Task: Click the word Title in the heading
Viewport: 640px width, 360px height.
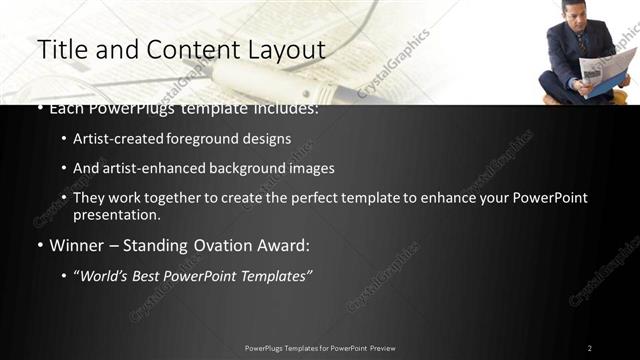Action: [x=61, y=49]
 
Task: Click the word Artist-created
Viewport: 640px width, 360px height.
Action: [x=113, y=139]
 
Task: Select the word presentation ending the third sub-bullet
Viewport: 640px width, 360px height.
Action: [x=114, y=215]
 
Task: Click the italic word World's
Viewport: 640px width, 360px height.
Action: [x=103, y=276]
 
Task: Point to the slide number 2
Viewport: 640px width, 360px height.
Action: [x=590, y=348]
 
